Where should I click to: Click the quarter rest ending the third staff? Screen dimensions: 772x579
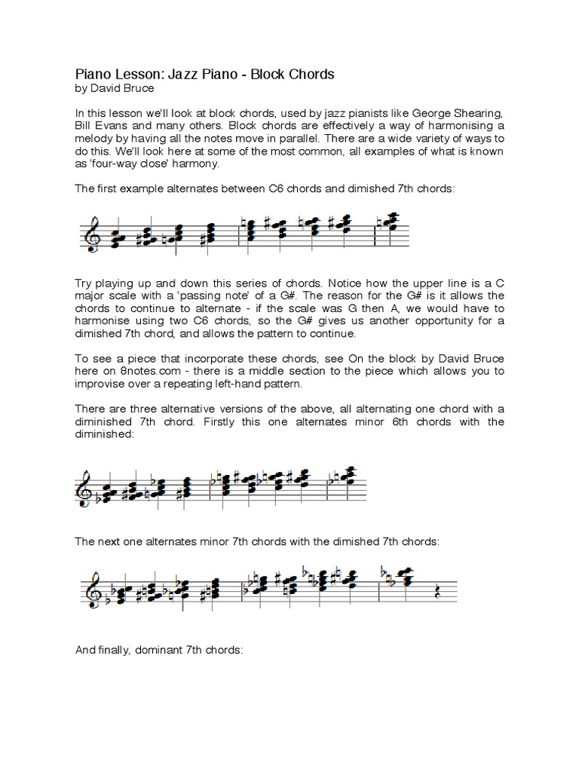(x=438, y=593)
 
